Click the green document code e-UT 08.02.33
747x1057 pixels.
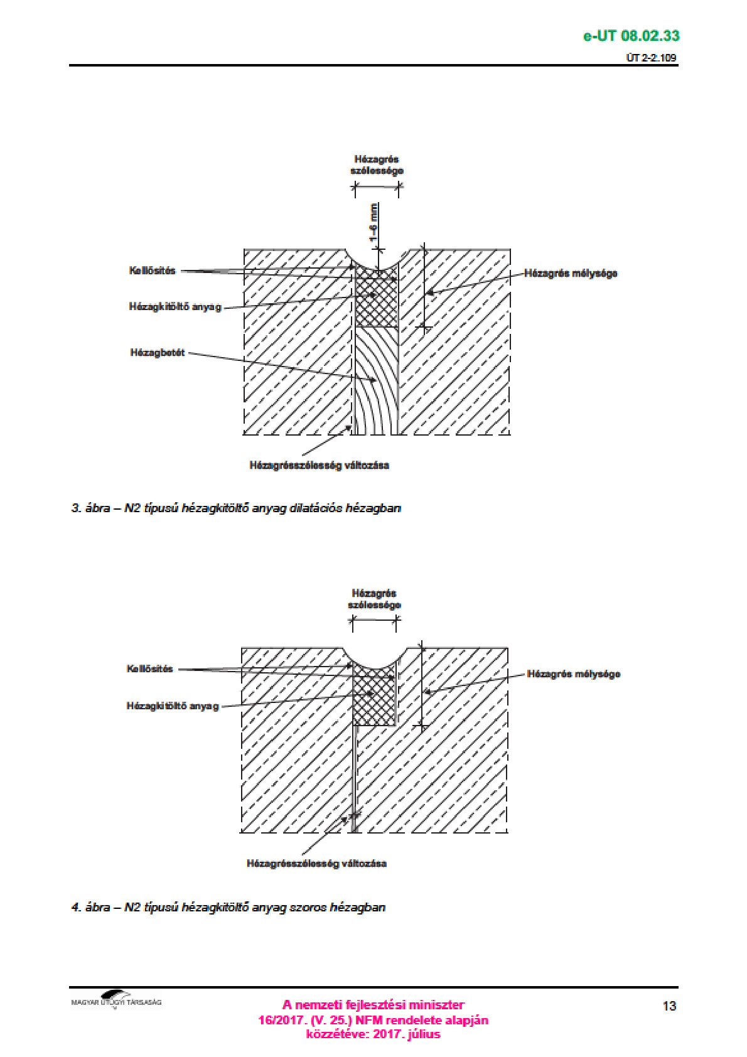pyautogui.click(x=631, y=36)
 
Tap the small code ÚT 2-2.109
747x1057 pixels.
pyautogui.click(x=651, y=58)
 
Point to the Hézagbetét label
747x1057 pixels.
pyautogui.click(x=157, y=353)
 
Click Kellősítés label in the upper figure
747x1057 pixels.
pyautogui.click(x=152, y=271)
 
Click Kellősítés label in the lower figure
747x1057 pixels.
pyautogui.click(x=149, y=668)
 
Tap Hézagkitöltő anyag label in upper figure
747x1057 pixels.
pyautogui.click(x=175, y=307)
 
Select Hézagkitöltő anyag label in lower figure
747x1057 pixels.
pyautogui.click(x=173, y=706)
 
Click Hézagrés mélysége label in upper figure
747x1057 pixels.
pyautogui.click(x=571, y=274)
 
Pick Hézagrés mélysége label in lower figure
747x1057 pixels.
pyautogui.click(x=573, y=674)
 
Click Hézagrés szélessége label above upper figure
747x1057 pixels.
pyautogui.click(x=377, y=165)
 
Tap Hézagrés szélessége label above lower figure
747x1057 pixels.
pyautogui.click(x=374, y=599)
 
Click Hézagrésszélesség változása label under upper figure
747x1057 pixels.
pyautogui.click(x=320, y=465)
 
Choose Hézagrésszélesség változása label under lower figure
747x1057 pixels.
pyautogui.click(x=316, y=864)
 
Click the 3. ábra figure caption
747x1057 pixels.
pyautogui.click(x=236, y=508)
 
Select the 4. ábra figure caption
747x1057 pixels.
pyautogui.click(x=228, y=908)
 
